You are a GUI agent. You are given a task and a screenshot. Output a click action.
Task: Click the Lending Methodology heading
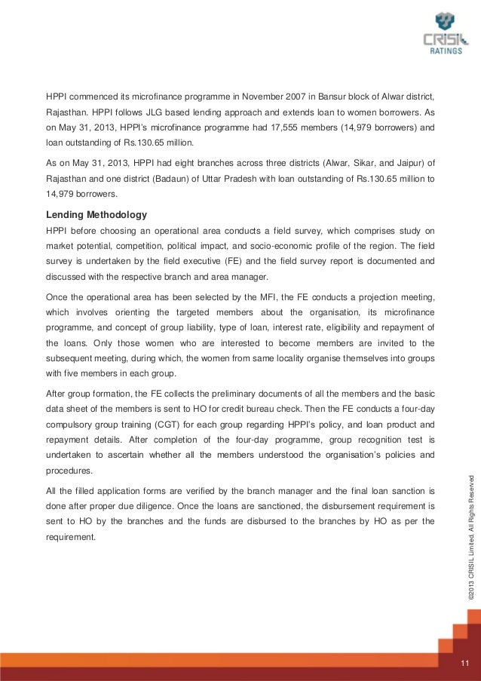[x=97, y=214]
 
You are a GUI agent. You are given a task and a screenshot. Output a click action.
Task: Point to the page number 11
[x=464, y=663]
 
